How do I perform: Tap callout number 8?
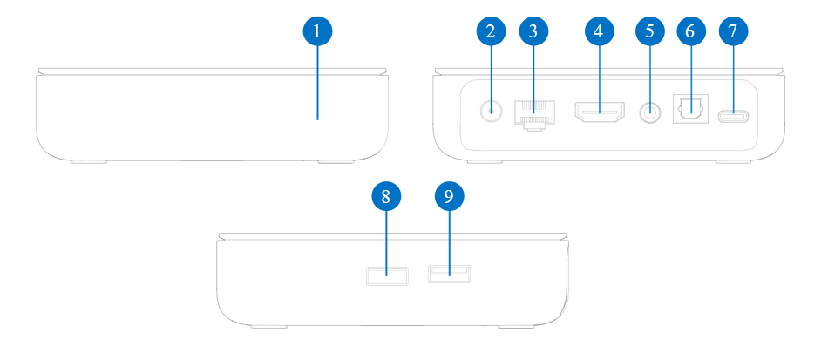[x=385, y=197]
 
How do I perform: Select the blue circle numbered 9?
[x=449, y=197]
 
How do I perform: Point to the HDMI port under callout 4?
[x=598, y=112]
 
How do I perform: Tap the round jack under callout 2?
[x=492, y=112]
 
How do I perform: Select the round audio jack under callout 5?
[x=649, y=112]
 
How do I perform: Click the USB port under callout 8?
[x=385, y=277]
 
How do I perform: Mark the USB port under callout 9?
[x=449, y=276]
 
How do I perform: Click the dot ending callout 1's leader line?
[x=317, y=119]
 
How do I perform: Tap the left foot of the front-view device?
[x=87, y=161]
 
